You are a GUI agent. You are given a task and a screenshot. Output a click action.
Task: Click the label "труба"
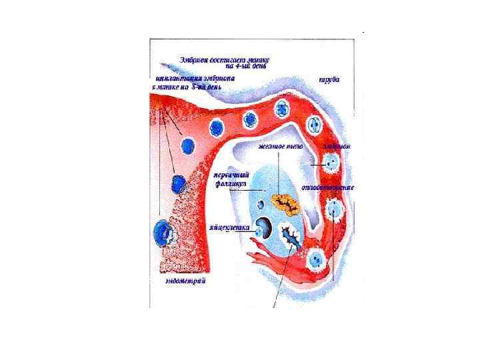[x=329, y=79]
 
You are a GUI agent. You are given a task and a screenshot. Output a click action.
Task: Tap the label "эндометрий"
[x=185, y=281]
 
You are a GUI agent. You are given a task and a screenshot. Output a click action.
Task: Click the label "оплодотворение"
[x=328, y=187]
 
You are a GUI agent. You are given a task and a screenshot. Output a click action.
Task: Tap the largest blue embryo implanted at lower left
[x=161, y=231]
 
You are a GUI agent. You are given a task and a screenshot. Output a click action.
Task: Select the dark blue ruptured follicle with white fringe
[x=292, y=236]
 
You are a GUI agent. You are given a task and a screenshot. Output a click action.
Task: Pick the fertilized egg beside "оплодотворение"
[x=331, y=210]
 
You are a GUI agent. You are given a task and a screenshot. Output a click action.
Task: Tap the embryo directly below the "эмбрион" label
[x=329, y=161]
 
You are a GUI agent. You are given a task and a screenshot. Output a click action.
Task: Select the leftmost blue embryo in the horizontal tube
[x=189, y=145]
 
